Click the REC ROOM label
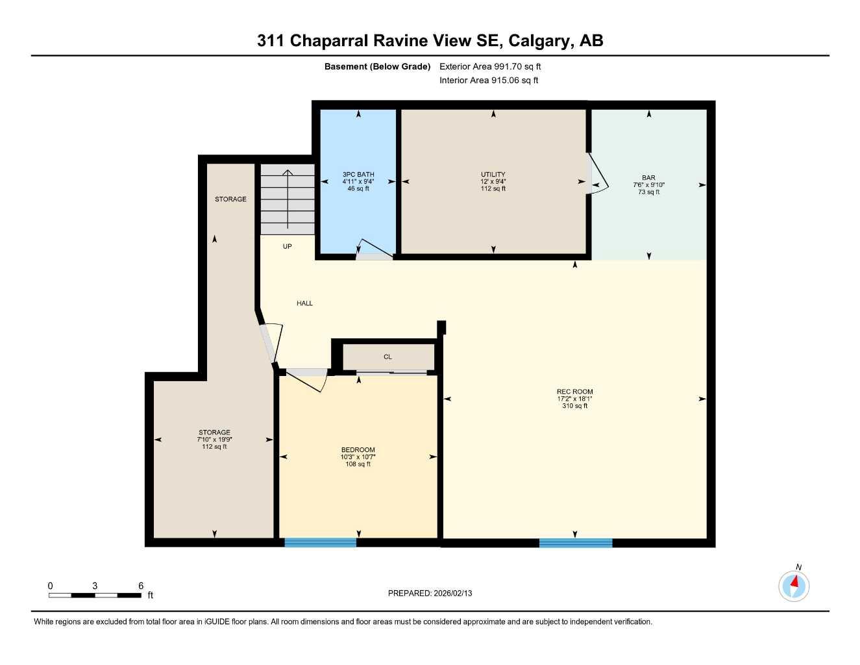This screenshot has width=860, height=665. (574, 392)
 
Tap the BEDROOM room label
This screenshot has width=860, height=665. (358, 449)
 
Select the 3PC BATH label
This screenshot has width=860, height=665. (358, 174)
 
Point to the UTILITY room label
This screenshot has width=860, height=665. (493, 174)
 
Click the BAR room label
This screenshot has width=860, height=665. (648, 177)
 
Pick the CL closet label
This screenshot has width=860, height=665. (387, 357)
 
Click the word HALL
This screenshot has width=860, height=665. (304, 303)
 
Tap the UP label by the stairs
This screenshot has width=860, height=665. (287, 246)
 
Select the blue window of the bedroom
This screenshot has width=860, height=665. (320, 542)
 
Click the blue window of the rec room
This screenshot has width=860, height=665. (575, 543)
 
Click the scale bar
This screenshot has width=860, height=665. (95, 595)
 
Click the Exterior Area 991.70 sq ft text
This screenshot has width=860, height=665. (490, 66)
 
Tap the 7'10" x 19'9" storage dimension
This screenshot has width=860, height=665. (214, 440)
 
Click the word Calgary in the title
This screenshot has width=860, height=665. (538, 40)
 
